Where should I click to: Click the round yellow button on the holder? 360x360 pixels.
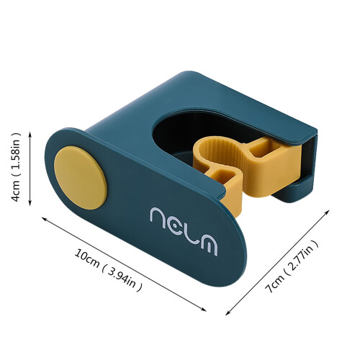coord(81,178)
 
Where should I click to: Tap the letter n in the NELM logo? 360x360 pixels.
coord(159,217)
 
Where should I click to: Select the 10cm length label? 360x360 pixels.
coord(87,258)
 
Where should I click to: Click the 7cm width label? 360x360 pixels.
coord(275,282)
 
